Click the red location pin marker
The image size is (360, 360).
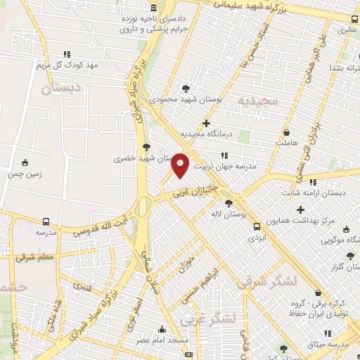point(181,165)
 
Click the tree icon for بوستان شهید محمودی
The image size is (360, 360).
point(186,89)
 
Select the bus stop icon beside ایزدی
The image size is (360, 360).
point(257,227)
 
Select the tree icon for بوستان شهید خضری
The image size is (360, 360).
point(146,147)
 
